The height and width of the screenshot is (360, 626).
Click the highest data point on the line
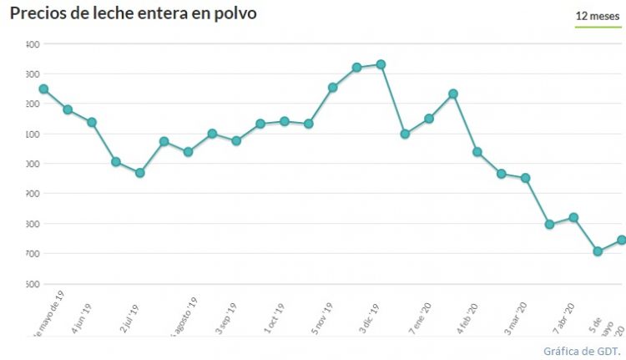click(381, 64)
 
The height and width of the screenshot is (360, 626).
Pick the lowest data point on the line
click(598, 251)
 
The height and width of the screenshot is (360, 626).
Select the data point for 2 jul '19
click(139, 173)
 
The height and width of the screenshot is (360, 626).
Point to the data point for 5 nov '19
click(332, 87)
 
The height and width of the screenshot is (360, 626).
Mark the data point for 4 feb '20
click(477, 152)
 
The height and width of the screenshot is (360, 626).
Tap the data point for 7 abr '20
click(573, 217)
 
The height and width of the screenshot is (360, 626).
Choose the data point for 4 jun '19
click(92, 122)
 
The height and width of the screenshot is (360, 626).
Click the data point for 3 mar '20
click(525, 178)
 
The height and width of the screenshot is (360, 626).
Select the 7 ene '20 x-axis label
click(419, 318)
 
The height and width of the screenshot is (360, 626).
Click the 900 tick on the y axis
click(34, 194)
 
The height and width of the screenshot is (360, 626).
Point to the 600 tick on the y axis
click(34, 284)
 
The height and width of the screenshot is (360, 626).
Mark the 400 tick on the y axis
click(34, 44)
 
